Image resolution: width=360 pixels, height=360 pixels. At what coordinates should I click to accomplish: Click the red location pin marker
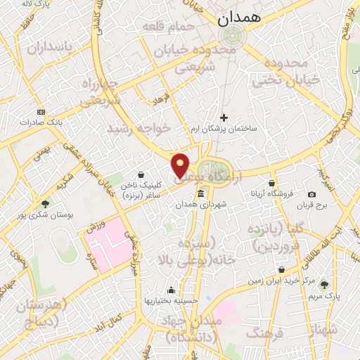[x=181, y=165]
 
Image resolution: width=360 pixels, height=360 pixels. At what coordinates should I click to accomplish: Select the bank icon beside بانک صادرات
[x=41, y=112]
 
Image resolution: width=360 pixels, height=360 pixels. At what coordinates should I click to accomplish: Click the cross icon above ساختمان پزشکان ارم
[x=224, y=117]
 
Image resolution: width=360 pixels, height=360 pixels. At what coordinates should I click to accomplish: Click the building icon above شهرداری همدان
[x=201, y=194]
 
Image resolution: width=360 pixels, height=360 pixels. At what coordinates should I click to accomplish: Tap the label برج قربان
[x=311, y=205]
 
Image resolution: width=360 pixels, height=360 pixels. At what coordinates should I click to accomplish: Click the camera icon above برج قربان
[x=311, y=194]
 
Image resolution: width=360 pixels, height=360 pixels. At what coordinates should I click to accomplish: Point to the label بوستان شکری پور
[x=46, y=215]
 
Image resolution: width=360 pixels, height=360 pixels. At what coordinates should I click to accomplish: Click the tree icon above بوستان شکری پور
[x=46, y=204]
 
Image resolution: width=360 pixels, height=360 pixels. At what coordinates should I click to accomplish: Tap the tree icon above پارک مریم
[x=324, y=285]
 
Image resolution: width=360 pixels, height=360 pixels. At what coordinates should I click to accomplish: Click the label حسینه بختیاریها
[x=170, y=301]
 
